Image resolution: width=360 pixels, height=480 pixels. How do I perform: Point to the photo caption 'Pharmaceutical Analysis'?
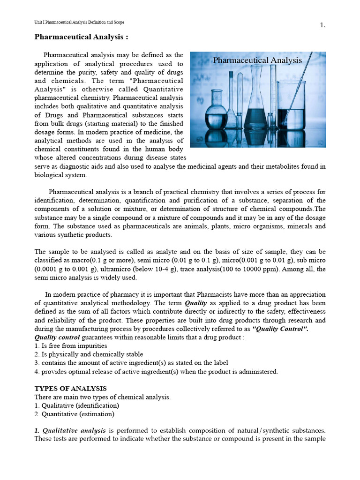point(257,60)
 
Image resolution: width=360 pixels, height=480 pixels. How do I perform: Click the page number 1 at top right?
point(322,25)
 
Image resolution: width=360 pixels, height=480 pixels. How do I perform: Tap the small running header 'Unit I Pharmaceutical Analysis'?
point(79,22)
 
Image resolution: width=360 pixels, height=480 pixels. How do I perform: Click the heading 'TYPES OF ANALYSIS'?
point(71,389)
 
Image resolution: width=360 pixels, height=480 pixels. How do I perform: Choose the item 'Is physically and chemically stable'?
point(89,354)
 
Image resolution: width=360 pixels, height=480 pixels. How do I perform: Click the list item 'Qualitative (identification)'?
point(77,405)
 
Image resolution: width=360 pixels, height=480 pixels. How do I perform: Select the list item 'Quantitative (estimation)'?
point(75,414)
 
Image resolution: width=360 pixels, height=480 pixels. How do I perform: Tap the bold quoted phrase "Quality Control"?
point(280,329)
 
